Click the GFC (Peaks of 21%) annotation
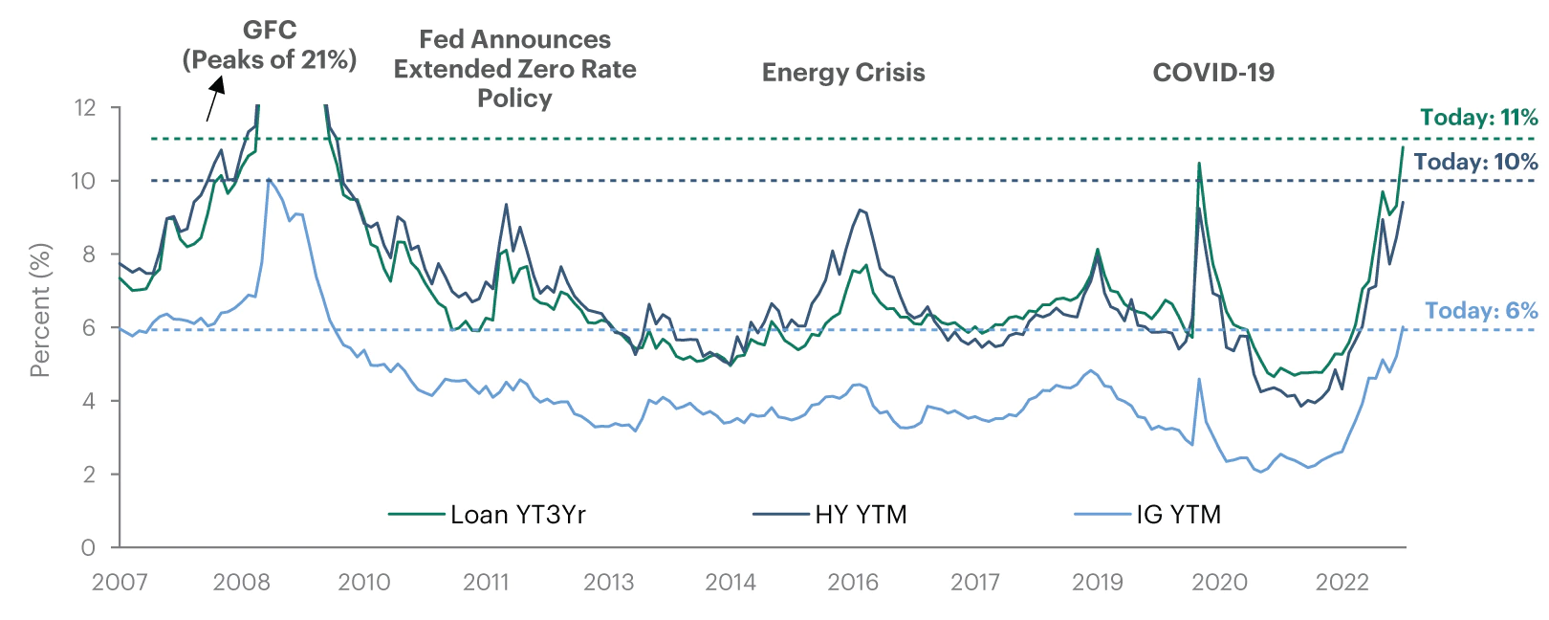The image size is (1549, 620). coord(270,45)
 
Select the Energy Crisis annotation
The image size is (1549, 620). coord(843,73)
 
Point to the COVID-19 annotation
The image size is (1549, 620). coord(1213,73)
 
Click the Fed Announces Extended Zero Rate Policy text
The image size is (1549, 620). coord(514,69)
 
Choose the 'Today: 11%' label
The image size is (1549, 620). coord(1478,118)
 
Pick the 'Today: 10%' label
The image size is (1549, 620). coord(1475,162)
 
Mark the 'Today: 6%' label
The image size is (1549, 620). coord(1481,311)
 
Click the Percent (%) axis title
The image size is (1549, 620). coord(39,310)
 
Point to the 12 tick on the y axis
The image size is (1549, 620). coord(85,107)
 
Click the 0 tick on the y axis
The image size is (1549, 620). coord(88,547)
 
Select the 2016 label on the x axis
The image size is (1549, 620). coord(853,582)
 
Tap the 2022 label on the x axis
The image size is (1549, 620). coord(1342,582)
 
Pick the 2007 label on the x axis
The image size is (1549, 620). coord(120,582)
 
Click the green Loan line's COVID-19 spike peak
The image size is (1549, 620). coord(1199,164)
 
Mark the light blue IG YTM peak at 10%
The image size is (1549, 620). coord(269,179)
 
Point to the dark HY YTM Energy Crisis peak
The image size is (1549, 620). coord(861,210)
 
